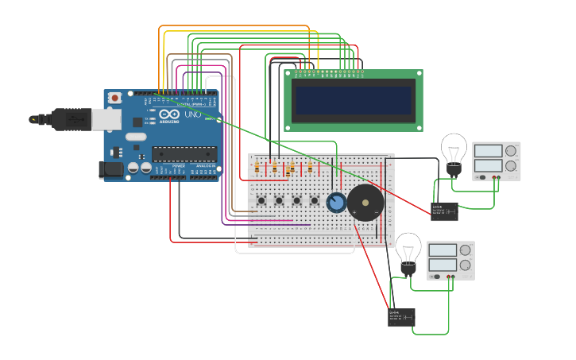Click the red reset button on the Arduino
[115, 98]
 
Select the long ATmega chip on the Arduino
[184, 153]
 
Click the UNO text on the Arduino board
[193, 114]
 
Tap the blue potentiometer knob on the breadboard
[336, 203]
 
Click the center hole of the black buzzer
[365, 203]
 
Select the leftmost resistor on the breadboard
[257, 167]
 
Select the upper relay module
[443, 211]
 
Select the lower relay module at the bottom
[401, 317]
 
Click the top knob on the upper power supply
[511, 151]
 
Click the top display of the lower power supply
[443, 250]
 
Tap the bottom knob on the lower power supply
[465, 265]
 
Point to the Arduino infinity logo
[168, 114]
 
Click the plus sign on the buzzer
[376, 214]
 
